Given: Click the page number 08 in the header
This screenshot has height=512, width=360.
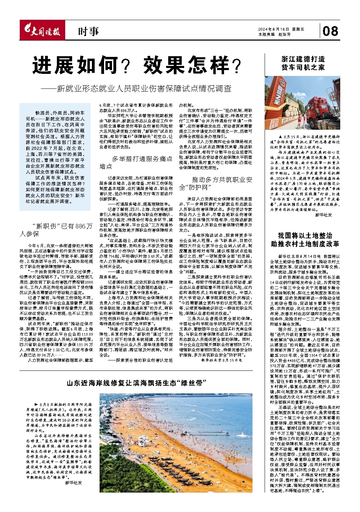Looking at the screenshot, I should pos(330,31).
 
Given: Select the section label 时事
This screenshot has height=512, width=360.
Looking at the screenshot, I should pos(88,32).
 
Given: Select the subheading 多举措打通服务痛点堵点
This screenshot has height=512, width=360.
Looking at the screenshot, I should pos(136,162).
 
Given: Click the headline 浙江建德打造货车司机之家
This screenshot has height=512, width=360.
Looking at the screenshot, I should pos(303,63).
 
